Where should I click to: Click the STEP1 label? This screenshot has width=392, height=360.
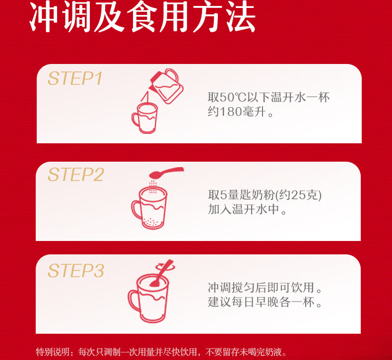(75, 78)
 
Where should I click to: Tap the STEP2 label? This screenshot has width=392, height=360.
(75, 175)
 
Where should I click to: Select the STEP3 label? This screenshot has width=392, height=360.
(75, 271)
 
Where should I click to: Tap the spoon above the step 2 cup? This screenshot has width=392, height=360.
(166, 173)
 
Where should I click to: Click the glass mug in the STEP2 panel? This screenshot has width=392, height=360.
(149, 208)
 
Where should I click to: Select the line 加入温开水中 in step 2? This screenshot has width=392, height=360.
(243, 209)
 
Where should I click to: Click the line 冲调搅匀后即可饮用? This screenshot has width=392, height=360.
(261, 287)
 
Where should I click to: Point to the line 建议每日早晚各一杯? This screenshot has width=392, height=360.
(261, 302)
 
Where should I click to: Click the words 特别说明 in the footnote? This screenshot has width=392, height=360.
(53, 352)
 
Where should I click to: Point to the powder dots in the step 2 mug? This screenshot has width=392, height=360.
(151, 222)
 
